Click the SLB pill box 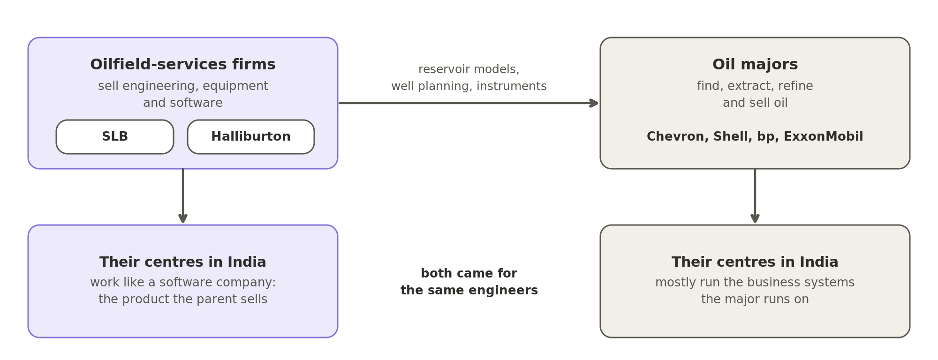(x=115, y=137)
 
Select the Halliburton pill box (x=251, y=137)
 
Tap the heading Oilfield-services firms (x=183, y=65)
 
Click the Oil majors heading (x=755, y=65)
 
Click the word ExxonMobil (x=823, y=137)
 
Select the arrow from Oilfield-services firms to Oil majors (x=468, y=103)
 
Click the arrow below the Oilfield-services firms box (x=183, y=195)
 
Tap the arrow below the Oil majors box (x=755, y=195)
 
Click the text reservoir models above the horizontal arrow (x=469, y=69)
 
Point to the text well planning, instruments (x=469, y=86)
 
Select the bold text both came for (x=469, y=274)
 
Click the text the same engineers (x=469, y=291)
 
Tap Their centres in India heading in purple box (x=183, y=262)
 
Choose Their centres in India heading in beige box (x=755, y=262)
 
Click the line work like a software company (x=183, y=283)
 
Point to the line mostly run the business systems (x=755, y=283)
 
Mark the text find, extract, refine (x=755, y=86)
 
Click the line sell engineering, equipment (x=183, y=86)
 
